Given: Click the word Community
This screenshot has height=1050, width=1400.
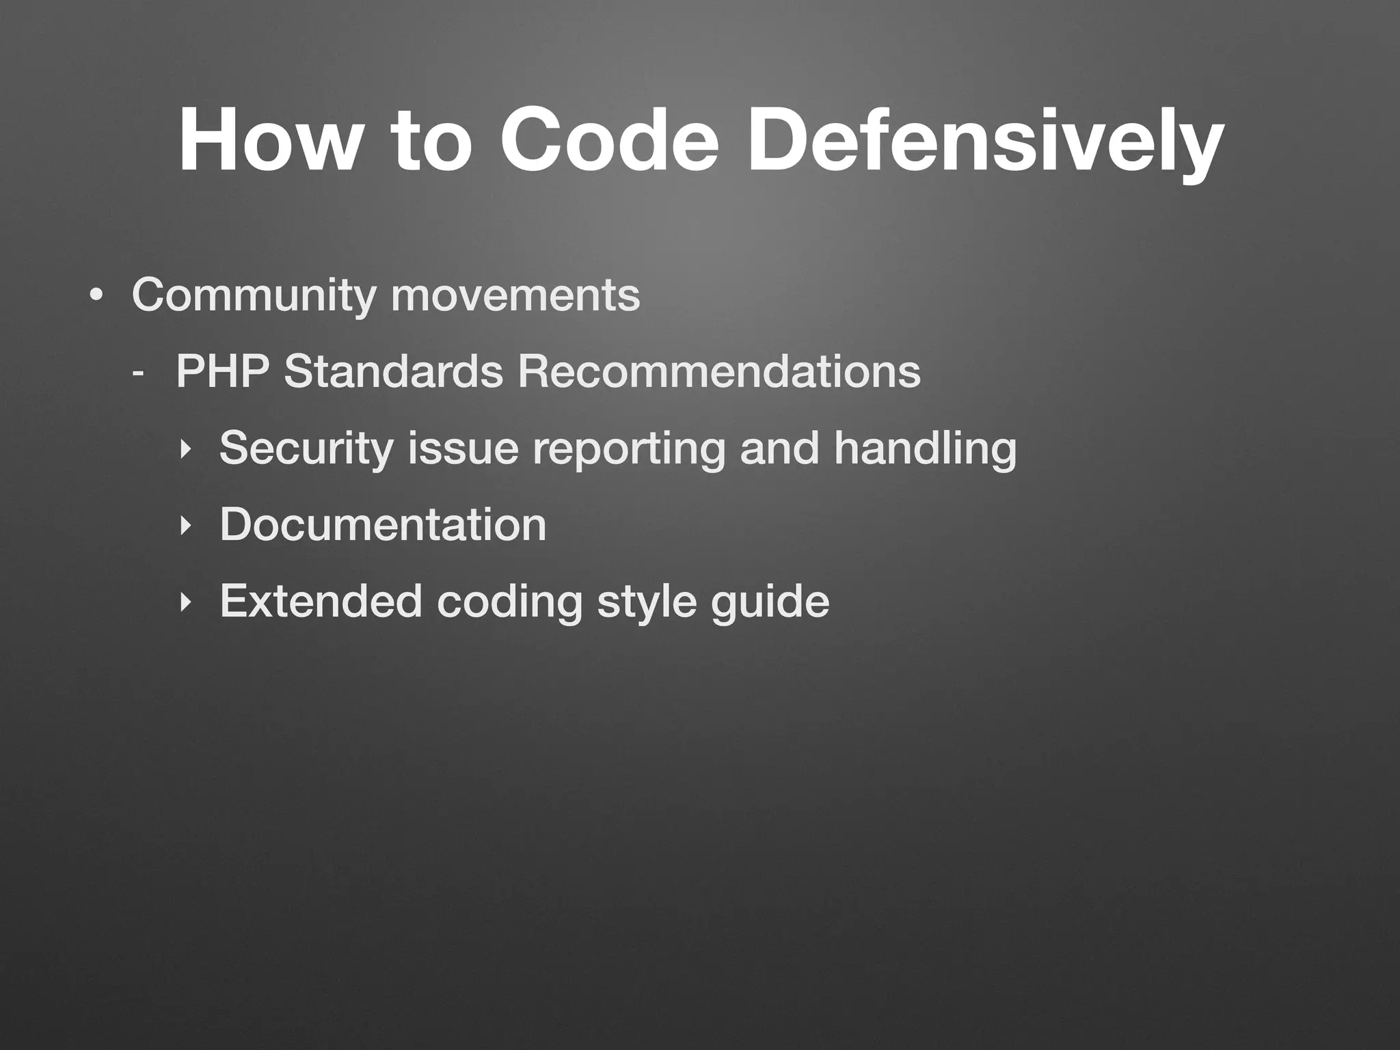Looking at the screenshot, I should click(x=254, y=295).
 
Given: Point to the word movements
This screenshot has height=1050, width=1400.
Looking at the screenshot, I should click(x=515, y=295).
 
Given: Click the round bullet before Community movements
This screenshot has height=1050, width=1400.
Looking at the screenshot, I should click(x=96, y=297).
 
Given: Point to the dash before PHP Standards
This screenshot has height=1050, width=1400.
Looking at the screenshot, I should click(x=138, y=375).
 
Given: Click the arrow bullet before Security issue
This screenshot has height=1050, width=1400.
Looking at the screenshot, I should click(x=183, y=449).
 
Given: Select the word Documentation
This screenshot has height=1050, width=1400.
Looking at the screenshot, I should click(x=383, y=524).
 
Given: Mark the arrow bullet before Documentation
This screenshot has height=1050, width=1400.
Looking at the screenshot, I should click(x=183, y=526).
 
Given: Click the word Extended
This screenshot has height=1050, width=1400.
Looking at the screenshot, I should click(x=321, y=601).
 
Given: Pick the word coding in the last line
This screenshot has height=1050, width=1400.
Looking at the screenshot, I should click(x=509, y=601).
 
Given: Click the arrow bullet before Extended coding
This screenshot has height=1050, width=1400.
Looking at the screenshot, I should click(x=183, y=602).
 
